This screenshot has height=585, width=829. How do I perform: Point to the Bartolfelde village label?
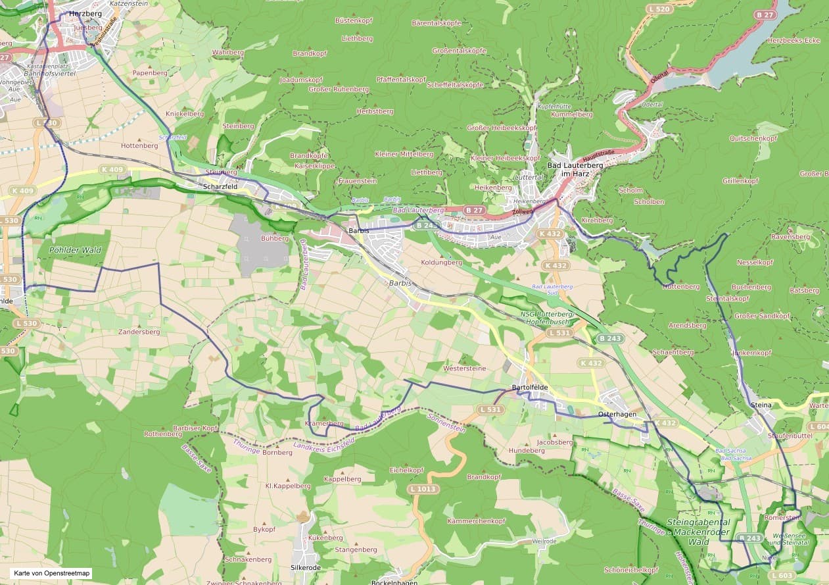[529, 388]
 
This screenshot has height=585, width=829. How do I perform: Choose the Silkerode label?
[305, 567]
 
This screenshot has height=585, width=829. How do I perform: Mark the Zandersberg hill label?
[139, 332]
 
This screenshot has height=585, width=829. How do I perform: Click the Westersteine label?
[465, 369]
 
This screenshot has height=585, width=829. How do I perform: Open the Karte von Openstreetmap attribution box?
[51, 573]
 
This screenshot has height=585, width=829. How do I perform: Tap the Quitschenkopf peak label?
[753, 139]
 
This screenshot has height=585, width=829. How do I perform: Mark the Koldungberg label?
[441, 262]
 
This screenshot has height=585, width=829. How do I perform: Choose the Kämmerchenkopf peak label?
[475, 521]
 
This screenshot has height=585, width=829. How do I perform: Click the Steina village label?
[760, 405]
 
